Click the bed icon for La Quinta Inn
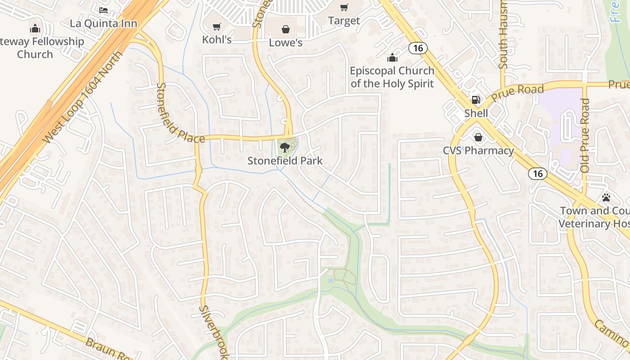pyautogui.click(x=103, y=10)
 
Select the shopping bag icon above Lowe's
pyautogui.click(x=285, y=30)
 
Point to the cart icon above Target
pyautogui.click(x=344, y=8)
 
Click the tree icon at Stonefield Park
pyautogui.click(x=284, y=147)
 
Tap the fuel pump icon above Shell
pyautogui.click(x=476, y=100)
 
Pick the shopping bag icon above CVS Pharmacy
pyautogui.click(x=478, y=137)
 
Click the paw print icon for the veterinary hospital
pyautogui.click(x=606, y=198)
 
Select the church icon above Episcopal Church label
pyautogui.click(x=392, y=58)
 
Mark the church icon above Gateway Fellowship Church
pyautogui.click(x=35, y=29)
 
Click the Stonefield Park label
pyautogui.click(x=285, y=161)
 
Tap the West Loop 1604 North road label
pyautogui.click(x=83, y=98)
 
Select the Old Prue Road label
pyautogui.click(x=585, y=135)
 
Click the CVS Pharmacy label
pyautogui.click(x=478, y=151)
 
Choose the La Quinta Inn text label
pyautogui.click(x=103, y=23)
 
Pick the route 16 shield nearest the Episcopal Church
pyautogui.click(x=418, y=48)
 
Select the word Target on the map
pyautogui.click(x=344, y=21)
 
